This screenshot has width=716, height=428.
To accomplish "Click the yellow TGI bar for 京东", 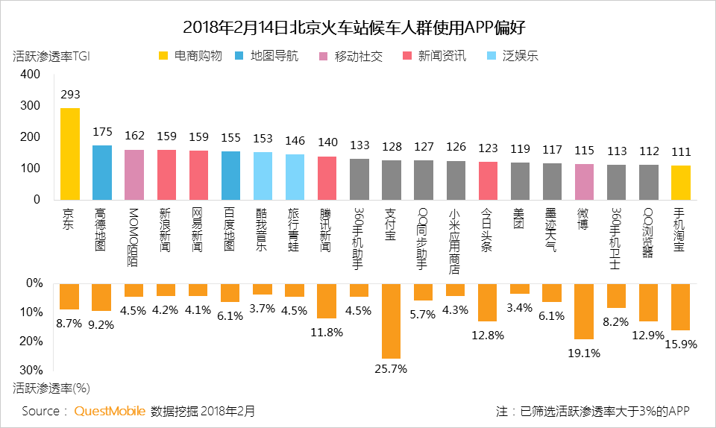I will (69, 154).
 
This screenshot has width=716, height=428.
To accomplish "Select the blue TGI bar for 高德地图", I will (101, 172).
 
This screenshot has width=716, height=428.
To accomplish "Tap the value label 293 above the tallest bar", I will (69, 95).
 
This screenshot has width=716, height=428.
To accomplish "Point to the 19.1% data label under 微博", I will (583, 353).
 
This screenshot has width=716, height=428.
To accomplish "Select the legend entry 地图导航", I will (266, 56).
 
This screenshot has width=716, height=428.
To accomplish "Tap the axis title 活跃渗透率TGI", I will (56, 56).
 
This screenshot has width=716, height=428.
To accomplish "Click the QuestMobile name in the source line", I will (110, 411).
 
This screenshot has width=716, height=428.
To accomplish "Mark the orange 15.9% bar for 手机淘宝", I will (679, 306).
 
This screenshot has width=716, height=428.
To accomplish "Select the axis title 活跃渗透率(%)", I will (52, 388).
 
